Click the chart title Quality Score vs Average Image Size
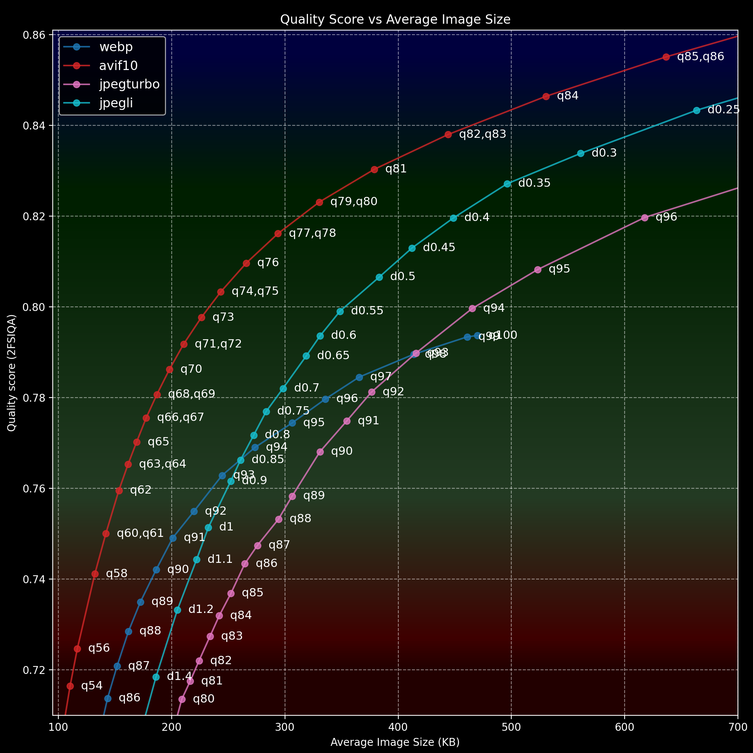pyautogui.click(x=395, y=20)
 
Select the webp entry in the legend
pyautogui.click(x=116, y=47)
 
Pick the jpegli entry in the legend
pyautogui.click(x=116, y=103)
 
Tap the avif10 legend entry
pyautogui.click(x=118, y=66)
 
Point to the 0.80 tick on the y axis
pyautogui.click(x=34, y=307)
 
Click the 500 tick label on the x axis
pyautogui.click(x=511, y=727)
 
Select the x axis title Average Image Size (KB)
pyautogui.click(x=395, y=742)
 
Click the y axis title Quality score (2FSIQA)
pyautogui.click(x=12, y=373)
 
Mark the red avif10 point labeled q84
pyautogui.click(x=546, y=97)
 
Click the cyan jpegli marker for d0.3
pyautogui.click(x=581, y=154)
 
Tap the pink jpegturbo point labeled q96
pyautogui.click(x=645, y=218)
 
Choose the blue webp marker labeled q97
pyautogui.click(x=359, y=377)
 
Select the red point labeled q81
pyautogui.click(x=375, y=169)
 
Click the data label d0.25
pyautogui.click(x=723, y=110)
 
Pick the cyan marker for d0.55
pyautogui.click(x=340, y=311)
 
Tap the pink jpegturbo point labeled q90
pyautogui.click(x=320, y=452)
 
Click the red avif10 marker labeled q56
pyautogui.click(x=77, y=649)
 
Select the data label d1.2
pyautogui.click(x=201, y=610)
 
